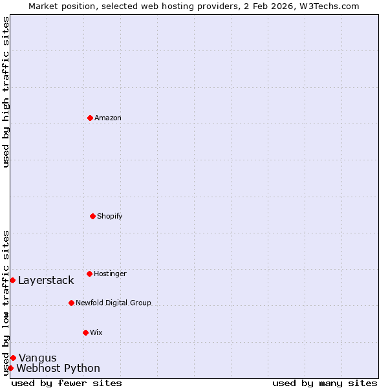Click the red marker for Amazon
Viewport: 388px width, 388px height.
(90, 118)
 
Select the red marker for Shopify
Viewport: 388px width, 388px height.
(92, 216)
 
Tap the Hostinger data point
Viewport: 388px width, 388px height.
(89, 274)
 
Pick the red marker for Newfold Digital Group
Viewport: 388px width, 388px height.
(71, 303)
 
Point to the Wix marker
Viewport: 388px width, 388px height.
(85, 332)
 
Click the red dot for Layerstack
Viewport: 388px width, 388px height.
(12, 280)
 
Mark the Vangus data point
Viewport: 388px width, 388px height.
(13, 358)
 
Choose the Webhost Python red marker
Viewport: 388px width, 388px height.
(10, 368)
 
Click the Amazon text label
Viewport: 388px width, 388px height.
(108, 118)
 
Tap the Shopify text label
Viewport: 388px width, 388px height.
(110, 216)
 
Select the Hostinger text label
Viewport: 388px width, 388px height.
(110, 274)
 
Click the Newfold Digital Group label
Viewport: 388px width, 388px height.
(113, 303)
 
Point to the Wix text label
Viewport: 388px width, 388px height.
(96, 332)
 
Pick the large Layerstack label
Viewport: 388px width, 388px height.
(46, 280)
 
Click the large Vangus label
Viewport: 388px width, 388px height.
(38, 358)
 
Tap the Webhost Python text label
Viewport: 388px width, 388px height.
(58, 368)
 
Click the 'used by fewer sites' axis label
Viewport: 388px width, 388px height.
(67, 383)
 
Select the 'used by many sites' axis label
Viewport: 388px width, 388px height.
(325, 383)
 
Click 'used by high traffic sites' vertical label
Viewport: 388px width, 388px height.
(6, 92)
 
